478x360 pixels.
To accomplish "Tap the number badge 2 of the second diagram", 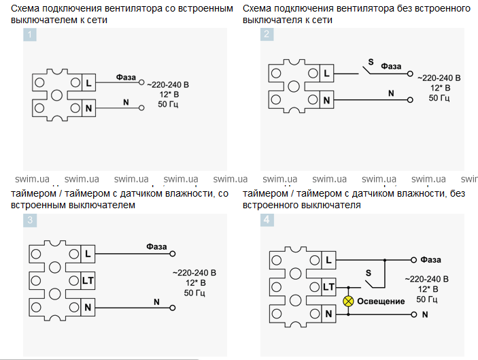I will pyautogui.click(x=267, y=35).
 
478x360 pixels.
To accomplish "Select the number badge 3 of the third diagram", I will pyautogui.click(x=30, y=220).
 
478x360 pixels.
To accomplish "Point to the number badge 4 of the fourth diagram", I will pyautogui.click(x=267, y=220).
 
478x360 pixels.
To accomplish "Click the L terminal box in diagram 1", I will pyautogui.click(x=88, y=83).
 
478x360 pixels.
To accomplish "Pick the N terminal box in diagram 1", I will pyautogui.click(x=88, y=108).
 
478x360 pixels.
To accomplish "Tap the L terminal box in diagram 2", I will pyautogui.click(x=326, y=74).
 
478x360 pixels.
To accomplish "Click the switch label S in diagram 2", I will pyautogui.click(x=370, y=63).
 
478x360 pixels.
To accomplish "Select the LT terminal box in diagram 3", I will pyautogui.click(x=87, y=280).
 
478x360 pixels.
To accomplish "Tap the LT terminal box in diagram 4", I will pyautogui.click(x=328, y=287).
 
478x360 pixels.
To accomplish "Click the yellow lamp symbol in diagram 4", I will pyautogui.click(x=348, y=301).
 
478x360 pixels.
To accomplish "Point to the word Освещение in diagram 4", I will pyautogui.click(x=381, y=301).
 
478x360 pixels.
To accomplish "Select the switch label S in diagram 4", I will pyautogui.click(x=369, y=273).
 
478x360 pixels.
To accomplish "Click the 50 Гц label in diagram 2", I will pyautogui.click(x=439, y=98).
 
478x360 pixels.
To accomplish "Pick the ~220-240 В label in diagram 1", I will pyautogui.click(x=169, y=84).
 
